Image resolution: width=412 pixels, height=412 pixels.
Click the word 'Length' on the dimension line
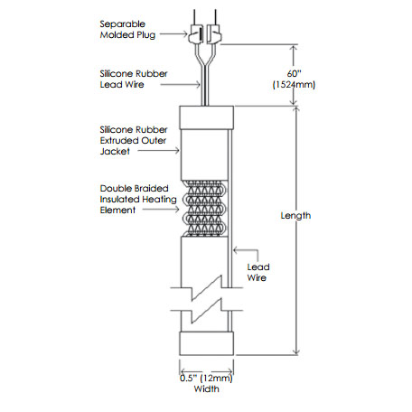(x=295, y=216)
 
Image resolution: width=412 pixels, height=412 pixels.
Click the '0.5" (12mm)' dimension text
(x=206, y=378)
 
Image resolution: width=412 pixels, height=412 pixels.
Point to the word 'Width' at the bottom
(x=206, y=389)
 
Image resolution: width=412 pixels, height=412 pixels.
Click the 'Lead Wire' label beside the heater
(x=258, y=273)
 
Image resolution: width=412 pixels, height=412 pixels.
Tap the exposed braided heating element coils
(x=205, y=208)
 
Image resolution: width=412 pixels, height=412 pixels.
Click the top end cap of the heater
(x=206, y=117)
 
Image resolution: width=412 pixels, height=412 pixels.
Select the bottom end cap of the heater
(x=206, y=344)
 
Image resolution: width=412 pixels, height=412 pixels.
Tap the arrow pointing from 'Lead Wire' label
(x=238, y=250)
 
